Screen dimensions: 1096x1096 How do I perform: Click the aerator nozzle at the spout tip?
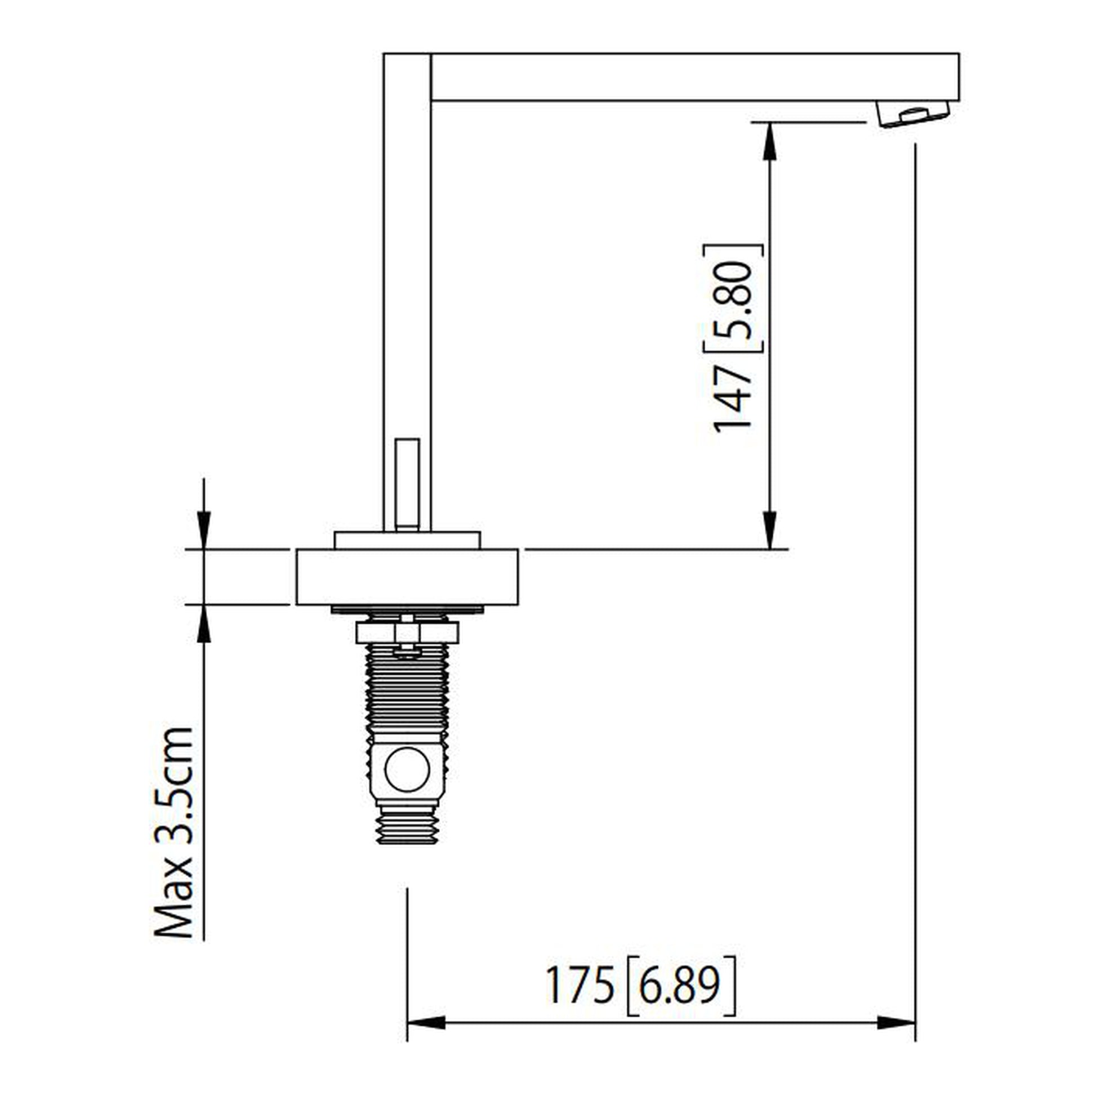tap(913, 113)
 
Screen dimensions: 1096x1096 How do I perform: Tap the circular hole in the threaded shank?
tap(407, 769)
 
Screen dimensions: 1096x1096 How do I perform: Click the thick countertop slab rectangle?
tap(407, 576)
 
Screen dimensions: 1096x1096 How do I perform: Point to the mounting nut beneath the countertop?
tap(407, 632)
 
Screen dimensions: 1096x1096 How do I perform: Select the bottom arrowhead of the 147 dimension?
tap(769, 531)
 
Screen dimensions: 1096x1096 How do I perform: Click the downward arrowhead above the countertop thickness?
tap(204, 531)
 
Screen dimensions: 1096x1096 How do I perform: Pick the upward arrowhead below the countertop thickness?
tap(204, 623)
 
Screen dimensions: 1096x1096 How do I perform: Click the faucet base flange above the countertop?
tap(407, 540)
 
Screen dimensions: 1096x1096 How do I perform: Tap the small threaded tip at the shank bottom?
tap(407, 831)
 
